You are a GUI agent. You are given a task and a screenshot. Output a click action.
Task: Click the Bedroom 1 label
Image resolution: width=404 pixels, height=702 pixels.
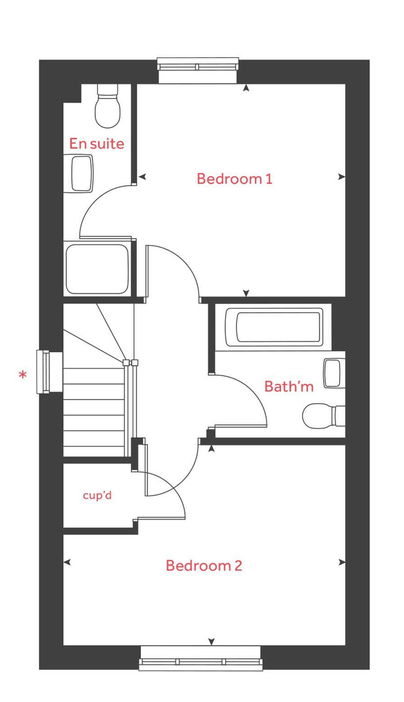(x=234, y=179)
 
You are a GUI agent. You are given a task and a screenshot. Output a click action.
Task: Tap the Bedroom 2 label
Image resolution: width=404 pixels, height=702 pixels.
(x=204, y=566)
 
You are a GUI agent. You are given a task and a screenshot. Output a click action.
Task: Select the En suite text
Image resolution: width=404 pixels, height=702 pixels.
(x=97, y=144)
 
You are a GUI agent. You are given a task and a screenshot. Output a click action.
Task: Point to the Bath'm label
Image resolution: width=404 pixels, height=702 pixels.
(x=289, y=386)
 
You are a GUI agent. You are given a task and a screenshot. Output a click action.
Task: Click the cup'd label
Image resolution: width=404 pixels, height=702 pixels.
(x=97, y=495)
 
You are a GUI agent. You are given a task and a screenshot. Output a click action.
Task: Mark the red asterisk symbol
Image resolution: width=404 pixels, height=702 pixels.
(x=22, y=375)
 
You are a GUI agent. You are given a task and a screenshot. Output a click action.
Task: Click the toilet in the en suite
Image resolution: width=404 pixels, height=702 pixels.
(x=108, y=107)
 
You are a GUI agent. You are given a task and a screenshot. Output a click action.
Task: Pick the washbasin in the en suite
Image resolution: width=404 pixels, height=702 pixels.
(x=82, y=173)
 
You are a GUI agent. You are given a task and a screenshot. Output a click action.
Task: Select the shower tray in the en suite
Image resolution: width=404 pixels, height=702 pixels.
(x=97, y=269)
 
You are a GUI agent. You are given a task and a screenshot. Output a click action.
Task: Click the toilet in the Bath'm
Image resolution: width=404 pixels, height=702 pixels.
(x=322, y=416)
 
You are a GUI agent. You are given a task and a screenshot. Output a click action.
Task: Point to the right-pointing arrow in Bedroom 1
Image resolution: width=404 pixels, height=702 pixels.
(x=342, y=177)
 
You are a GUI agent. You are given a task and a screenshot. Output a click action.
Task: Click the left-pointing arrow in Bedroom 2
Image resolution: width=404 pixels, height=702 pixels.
(x=67, y=562)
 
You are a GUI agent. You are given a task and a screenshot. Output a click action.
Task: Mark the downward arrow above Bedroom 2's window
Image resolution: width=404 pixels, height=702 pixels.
(x=212, y=642)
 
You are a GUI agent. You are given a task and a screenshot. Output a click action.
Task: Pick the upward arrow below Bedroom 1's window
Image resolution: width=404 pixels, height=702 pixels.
(x=246, y=88)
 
